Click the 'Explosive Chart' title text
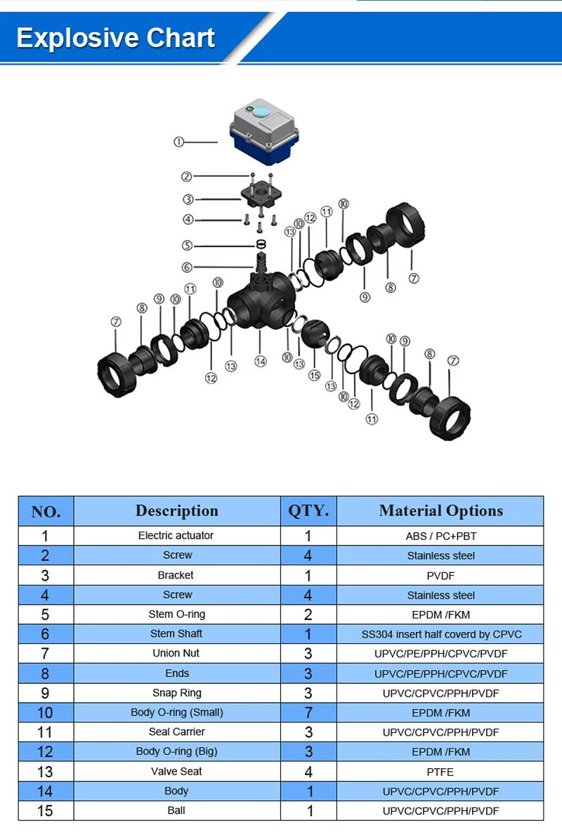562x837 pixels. coord(115,38)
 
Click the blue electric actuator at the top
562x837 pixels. coord(264,131)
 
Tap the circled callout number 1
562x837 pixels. coord(178,141)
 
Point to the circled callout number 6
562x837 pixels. coord(186,267)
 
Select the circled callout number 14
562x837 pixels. coord(260,362)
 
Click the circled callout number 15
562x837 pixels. coord(314,375)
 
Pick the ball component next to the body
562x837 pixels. coord(315,334)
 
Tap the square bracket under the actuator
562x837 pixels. coord(261,195)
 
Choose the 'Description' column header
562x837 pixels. coord(177,511)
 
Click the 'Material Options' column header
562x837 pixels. coord(440,511)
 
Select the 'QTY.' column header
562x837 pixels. coord(308,511)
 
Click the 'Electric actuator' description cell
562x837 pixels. coord(176,535)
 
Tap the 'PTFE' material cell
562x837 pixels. coord(440,772)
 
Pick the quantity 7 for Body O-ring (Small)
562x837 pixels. coord(308,713)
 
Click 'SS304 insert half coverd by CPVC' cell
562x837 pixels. coord(441,634)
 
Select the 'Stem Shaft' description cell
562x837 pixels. coord(176,633)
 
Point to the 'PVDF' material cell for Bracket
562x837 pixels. coord(440,576)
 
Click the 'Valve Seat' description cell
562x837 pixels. coord(176,771)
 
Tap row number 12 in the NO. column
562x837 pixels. coord(45,751)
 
